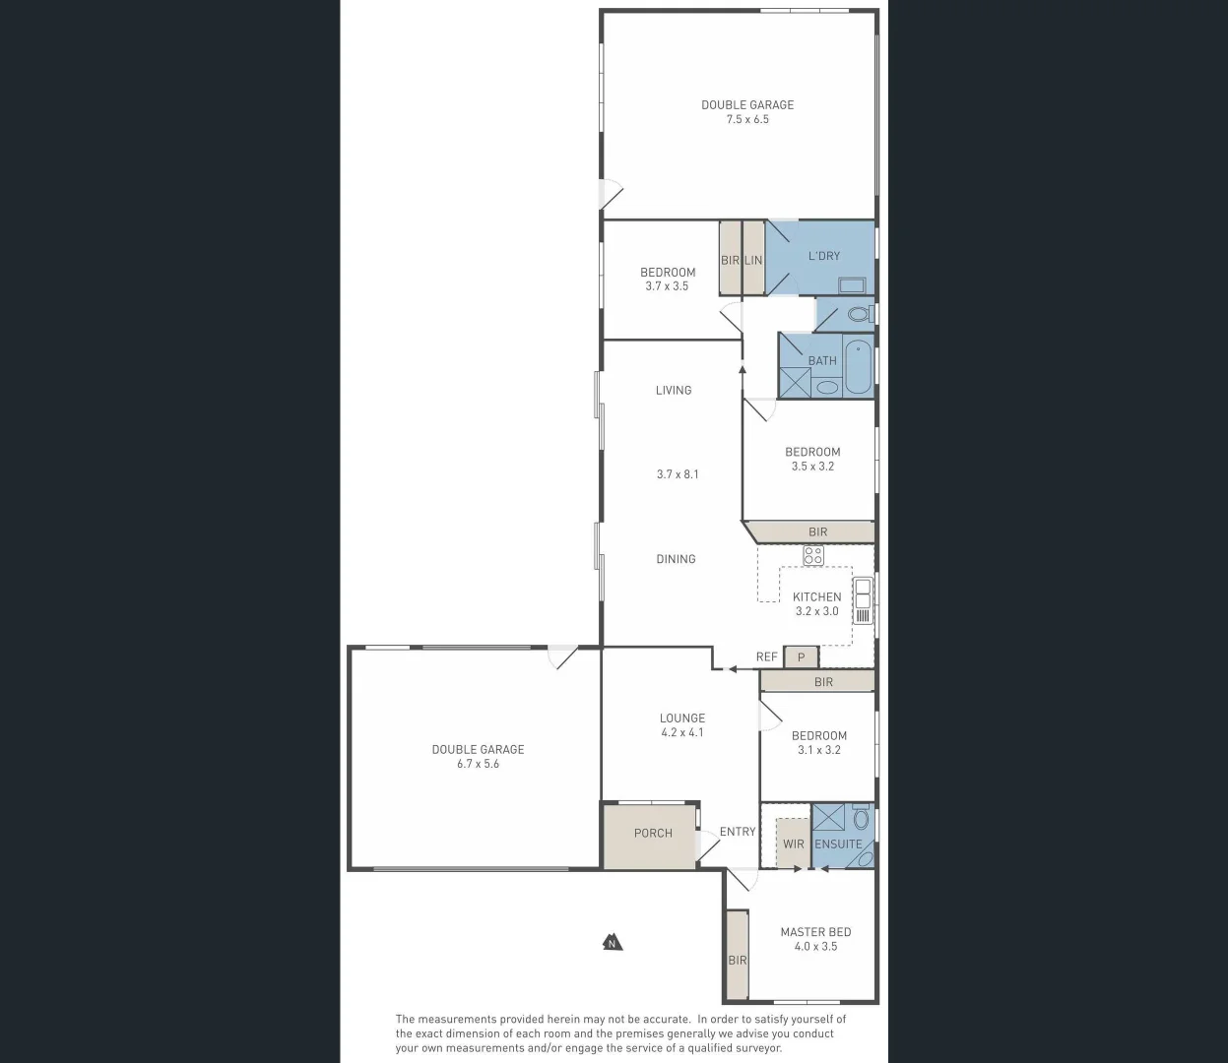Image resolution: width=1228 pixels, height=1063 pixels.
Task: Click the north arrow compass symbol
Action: pyautogui.click(x=613, y=943)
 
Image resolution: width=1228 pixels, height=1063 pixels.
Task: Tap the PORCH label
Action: pyautogui.click(x=653, y=834)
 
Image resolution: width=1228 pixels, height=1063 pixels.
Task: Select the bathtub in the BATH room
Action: pyautogui.click(x=859, y=366)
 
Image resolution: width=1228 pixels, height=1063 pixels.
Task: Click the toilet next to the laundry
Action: pyautogui.click(x=859, y=315)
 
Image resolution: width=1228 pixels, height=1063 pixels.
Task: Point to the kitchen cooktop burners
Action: pyautogui.click(x=812, y=555)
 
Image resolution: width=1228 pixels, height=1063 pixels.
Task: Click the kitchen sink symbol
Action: pyautogui.click(x=863, y=594)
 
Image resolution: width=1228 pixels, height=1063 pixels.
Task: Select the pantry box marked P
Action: pyautogui.click(x=802, y=657)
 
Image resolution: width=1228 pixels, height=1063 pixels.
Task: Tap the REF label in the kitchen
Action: pyautogui.click(x=766, y=657)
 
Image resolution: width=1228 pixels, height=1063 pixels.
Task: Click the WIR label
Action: pyautogui.click(x=794, y=844)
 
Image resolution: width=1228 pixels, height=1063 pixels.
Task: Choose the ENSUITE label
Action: pyautogui.click(x=838, y=844)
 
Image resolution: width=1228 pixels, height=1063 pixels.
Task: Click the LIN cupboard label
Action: pyautogui.click(x=753, y=261)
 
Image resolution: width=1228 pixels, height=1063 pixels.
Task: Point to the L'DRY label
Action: pyautogui.click(x=824, y=256)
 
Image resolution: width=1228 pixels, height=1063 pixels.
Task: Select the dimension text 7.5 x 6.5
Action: pyautogui.click(x=747, y=120)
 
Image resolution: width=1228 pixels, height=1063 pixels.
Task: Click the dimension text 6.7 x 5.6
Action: pyautogui.click(x=478, y=764)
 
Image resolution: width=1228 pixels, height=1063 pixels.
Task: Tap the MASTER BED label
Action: pyautogui.click(x=815, y=932)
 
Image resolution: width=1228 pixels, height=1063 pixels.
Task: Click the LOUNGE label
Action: pyautogui.click(x=682, y=719)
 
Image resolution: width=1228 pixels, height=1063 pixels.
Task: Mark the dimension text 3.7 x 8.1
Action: pyautogui.click(x=678, y=474)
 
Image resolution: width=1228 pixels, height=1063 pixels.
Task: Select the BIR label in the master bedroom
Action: pyautogui.click(x=738, y=961)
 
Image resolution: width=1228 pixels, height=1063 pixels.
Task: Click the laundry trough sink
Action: pyautogui.click(x=852, y=285)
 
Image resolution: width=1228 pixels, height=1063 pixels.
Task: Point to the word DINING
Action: pyautogui.click(x=677, y=559)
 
